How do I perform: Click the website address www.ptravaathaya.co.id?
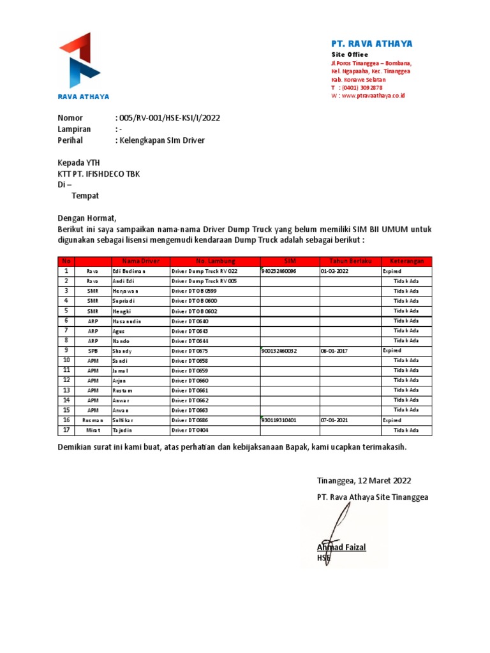tap(373, 96)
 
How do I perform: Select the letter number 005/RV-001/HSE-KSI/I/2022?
tap(168, 118)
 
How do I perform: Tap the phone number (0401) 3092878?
tap(360, 87)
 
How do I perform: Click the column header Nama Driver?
tap(137, 261)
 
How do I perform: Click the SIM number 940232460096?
tap(279, 271)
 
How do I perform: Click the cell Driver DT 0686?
tap(190, 421)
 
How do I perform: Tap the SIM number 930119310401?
tap(279, 421)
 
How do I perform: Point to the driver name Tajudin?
tap(124, 430)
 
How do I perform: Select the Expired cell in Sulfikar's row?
tap(392, 421)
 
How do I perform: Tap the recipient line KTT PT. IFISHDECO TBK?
tap(99, 174)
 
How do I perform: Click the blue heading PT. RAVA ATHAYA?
tap(371, 44)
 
